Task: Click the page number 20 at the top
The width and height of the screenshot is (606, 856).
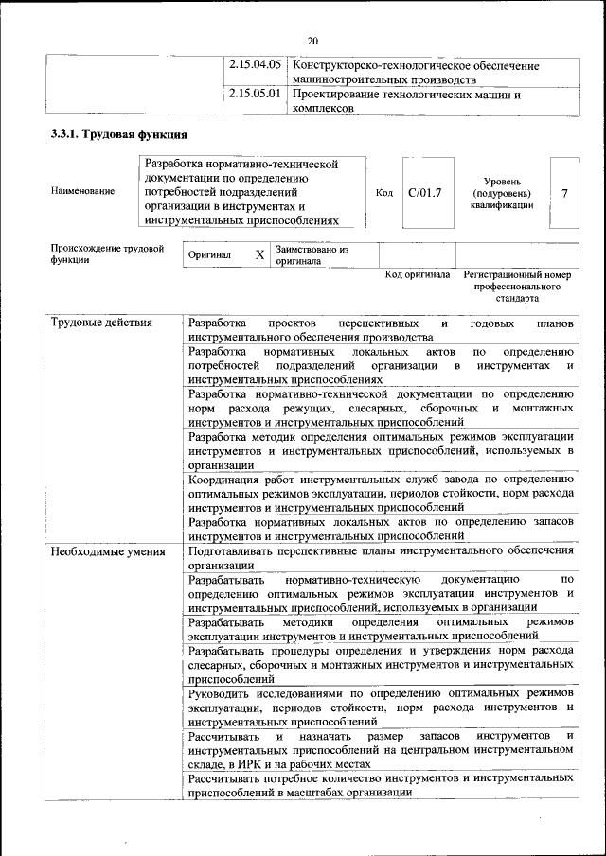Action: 312,40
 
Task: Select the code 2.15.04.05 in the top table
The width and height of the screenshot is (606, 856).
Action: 256,66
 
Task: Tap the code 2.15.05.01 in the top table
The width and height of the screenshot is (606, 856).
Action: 256,95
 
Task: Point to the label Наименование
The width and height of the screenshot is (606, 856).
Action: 83,192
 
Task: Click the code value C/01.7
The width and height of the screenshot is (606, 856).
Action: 425,193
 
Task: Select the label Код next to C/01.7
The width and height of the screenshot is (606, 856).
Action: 384,193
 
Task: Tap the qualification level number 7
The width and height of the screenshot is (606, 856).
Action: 564,193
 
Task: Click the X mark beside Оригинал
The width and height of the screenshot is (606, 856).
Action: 259,255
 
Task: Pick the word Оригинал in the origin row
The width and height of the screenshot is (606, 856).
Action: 209,255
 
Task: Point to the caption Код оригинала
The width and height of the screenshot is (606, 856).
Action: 418,275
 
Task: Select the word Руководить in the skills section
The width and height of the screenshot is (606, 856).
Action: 222,694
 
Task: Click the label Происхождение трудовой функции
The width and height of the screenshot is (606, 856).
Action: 107,255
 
